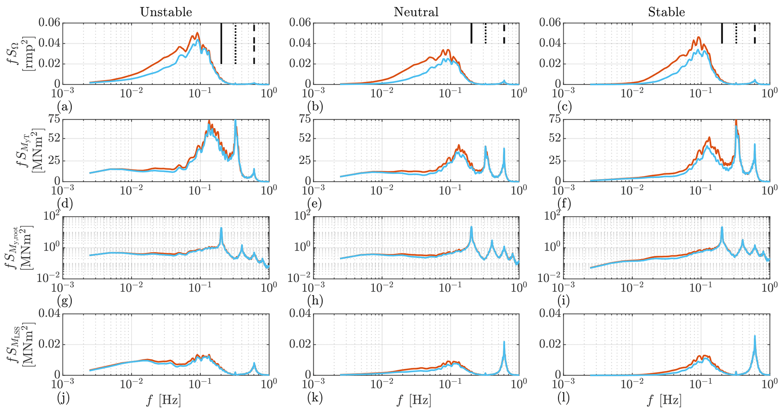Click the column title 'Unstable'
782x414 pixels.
tap(166, 12)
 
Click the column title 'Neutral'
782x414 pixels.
tap(416, 12)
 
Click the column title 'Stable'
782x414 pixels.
tap(666, 12)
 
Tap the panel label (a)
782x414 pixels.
tap(65, 107)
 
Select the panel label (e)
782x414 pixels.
tap(315, 204)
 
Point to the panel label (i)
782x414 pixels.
tap(565, 302)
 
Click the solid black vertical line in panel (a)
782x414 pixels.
tap(221, 44)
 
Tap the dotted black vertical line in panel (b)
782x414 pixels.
tap(485, 33)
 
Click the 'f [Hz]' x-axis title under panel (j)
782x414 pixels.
tap(163, 400)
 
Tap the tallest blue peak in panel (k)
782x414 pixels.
tap(504, 342)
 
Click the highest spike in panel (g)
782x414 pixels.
tap(221, 229)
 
